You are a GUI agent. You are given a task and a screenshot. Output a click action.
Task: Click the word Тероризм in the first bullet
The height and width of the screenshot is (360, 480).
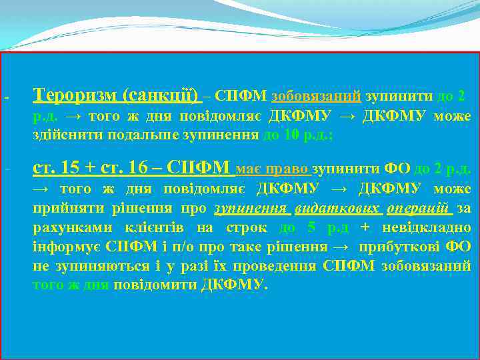[x=75, y=96]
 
